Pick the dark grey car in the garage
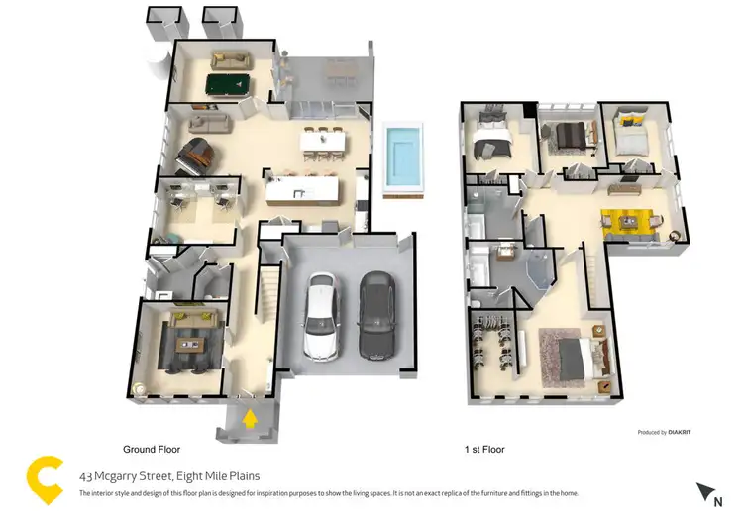[376, 315]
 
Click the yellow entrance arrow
[251, 418]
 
